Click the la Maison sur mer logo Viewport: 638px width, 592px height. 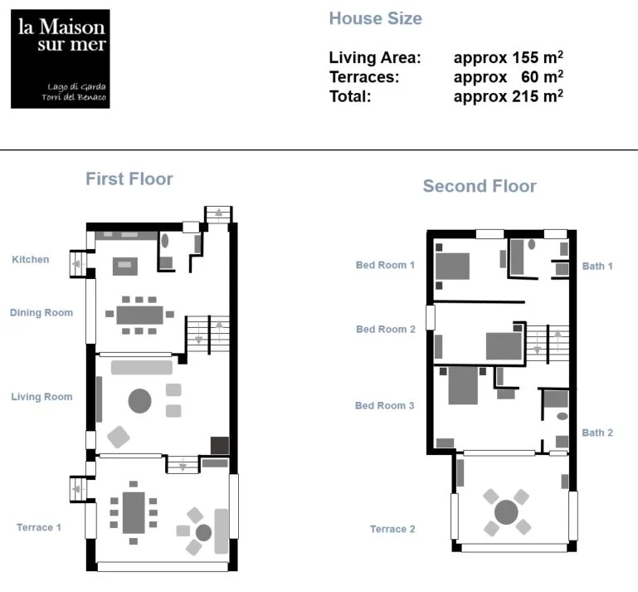tap(61, 59)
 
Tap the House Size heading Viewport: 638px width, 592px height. tap(376, 18)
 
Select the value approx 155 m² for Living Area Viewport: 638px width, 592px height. tap(509, 57)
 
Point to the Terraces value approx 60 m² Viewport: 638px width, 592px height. tap(509, 76)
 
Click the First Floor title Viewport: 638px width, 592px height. tap(129, 179)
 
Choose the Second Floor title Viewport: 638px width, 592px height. tap(480, 186)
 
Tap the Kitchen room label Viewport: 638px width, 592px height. tap(31, 259)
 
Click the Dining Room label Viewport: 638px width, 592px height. tap(41, 313)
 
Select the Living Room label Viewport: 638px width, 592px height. tap(42, 397)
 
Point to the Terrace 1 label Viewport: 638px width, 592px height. tap(39, 527)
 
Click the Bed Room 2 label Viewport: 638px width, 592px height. tap(386, 329)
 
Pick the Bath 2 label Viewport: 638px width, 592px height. tap(597, 433)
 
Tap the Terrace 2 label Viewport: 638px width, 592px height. tap(392, 529)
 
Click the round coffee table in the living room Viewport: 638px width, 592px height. tap(139, 401)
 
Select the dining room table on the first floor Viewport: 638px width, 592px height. tap(139, 316)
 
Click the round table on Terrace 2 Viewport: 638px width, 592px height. tap(506, 511)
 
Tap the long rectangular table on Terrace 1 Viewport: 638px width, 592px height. tap(134, 512)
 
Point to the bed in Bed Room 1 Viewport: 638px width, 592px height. tap(452, 267)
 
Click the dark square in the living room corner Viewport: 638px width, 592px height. tap(220, 445)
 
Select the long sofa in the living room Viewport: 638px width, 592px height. tap(142, 367)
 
